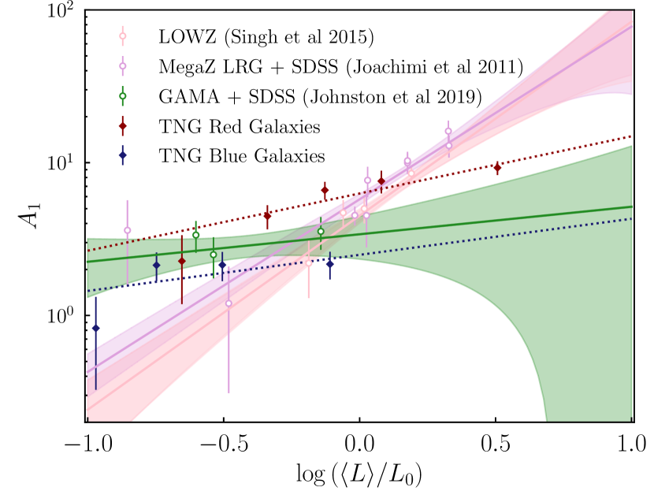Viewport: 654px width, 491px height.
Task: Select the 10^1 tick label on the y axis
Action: (62, 163)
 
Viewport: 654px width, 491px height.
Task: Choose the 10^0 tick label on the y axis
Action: (62, 314)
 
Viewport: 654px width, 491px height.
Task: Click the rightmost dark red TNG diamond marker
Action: (497, 168)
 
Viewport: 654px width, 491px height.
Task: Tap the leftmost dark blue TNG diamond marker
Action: (96, 328)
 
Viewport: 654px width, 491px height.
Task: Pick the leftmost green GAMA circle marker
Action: (195, 235)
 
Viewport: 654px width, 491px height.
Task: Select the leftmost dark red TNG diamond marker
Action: (182, 261)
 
